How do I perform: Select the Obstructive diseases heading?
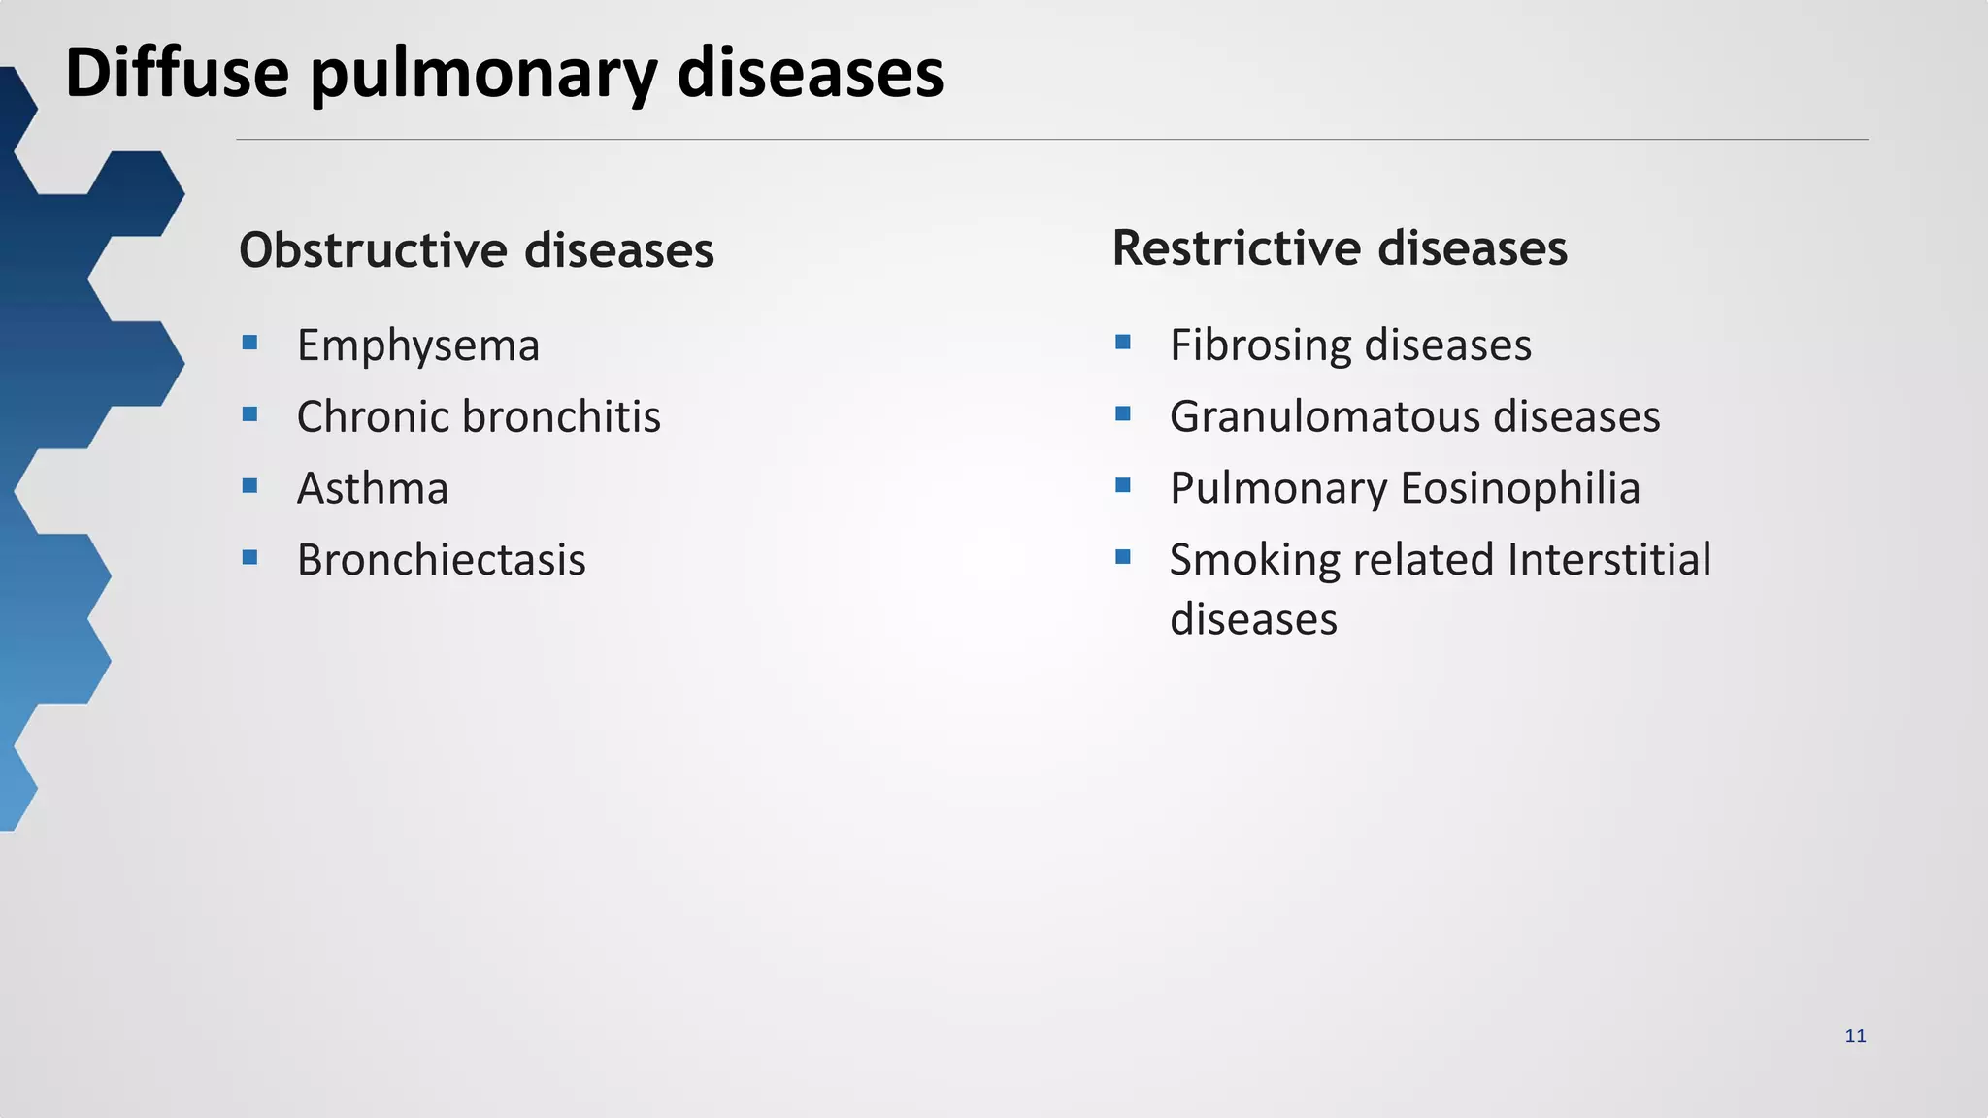(476, 250)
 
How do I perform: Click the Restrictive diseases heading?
(1339, 247)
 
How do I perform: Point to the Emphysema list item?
(417, 345)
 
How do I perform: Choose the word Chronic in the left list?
(373, 416)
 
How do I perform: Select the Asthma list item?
(373, 488)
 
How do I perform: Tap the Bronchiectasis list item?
(441, 560)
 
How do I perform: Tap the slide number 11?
(1855, 1036)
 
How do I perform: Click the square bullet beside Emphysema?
(249, 342)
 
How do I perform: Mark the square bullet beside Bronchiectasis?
(249, 557)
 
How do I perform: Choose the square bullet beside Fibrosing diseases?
(1123, 342)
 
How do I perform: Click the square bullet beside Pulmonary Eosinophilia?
(1123, 485)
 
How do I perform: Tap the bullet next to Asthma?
(249, 485)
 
